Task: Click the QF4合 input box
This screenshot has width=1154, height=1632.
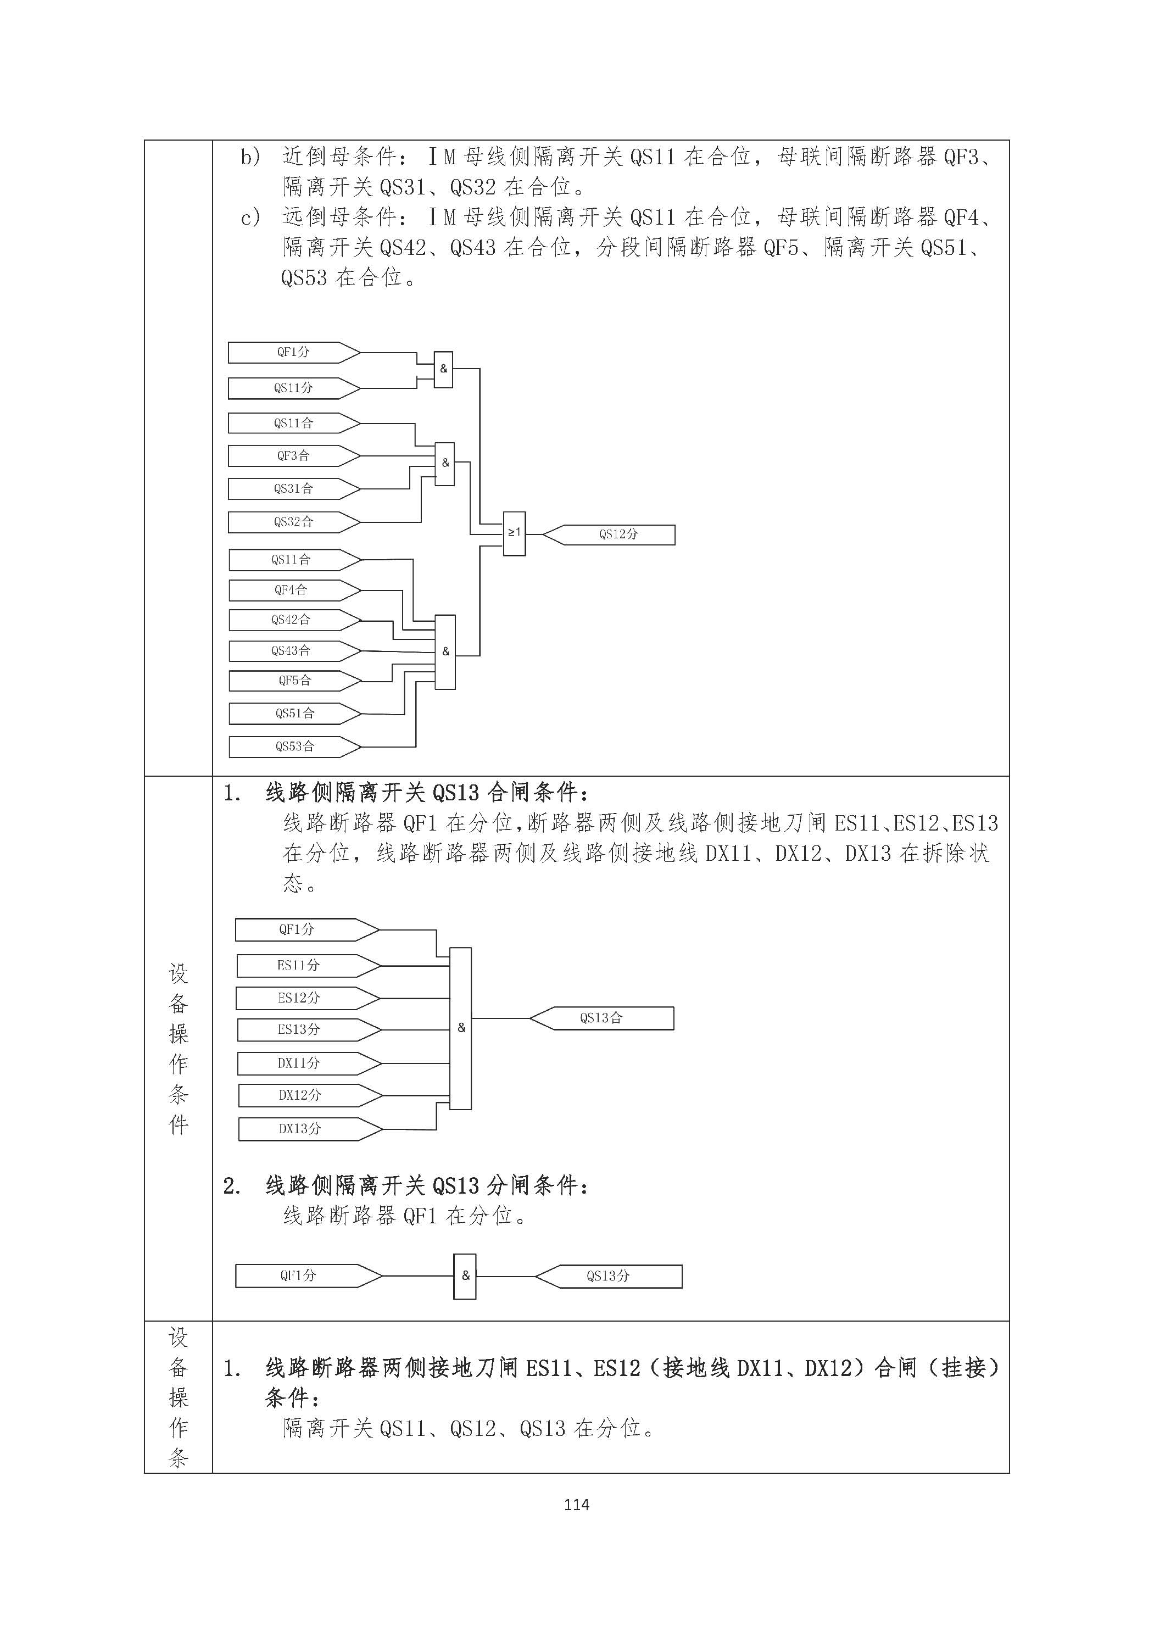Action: [x=295, y=590]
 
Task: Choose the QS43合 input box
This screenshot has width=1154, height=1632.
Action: [x=295, y=650]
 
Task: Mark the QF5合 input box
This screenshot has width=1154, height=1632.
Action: [x=295, y=680]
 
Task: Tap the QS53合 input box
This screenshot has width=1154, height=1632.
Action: [x=295, y=747]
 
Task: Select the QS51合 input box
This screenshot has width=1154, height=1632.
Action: [x=295, y=713]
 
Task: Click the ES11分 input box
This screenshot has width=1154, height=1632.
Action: [x=308, y=965]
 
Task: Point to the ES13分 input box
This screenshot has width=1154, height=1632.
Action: [x=308, y=1029]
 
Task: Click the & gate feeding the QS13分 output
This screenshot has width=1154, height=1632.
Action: [x=465, y=1276]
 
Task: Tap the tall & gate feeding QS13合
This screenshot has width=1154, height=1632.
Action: [x=460, y=1028]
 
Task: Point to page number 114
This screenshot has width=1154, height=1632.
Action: [x=576, y=1505]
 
